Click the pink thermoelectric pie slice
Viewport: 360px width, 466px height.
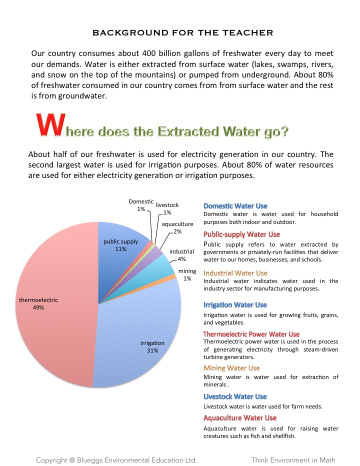point(55,320)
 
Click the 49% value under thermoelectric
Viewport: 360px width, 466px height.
point(38,308)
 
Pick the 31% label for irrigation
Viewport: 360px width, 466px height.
point(152,350)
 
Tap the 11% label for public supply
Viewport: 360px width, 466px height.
point(120,249)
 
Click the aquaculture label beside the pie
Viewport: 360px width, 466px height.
point(177,224)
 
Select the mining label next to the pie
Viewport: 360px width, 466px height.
point(187,271)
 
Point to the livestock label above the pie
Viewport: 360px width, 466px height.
point(167,205)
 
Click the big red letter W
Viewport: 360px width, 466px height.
point(49,125)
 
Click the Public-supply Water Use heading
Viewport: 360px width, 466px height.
point(241,234)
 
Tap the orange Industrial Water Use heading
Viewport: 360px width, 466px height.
point(235,273)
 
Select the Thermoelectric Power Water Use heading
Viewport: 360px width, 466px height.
point(251,334)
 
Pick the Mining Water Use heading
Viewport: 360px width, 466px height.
point(231,368)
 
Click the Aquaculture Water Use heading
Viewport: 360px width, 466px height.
point(239,418)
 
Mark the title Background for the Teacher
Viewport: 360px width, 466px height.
point(183,33)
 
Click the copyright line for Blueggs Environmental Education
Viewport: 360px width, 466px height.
point(116,459)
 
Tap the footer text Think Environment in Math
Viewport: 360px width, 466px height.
point(293,459)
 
